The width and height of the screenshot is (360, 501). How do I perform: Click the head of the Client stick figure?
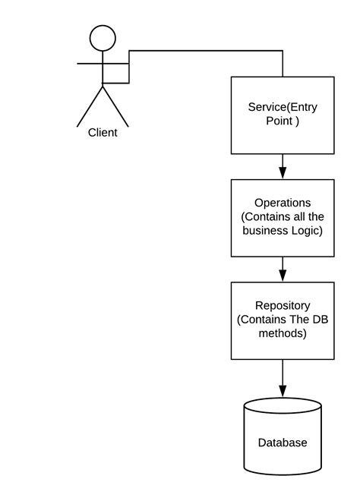pos(103,38)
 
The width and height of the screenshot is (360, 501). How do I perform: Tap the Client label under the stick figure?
pos(103,133)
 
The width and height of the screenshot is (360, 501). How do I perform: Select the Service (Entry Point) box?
pos(283,115)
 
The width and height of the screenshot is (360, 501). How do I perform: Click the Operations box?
pos(283,217)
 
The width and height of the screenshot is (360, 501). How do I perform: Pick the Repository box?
pos(283,320)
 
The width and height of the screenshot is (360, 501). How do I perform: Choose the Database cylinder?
pos(283,437)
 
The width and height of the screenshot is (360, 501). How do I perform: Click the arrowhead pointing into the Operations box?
pos(283,173)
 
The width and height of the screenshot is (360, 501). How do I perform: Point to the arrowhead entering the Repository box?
pos(283,276)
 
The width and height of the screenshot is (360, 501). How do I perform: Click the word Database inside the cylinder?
pos(283,443)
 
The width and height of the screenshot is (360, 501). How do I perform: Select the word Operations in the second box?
pos(283,203)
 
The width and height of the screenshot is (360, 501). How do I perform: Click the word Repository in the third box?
pos(283,306)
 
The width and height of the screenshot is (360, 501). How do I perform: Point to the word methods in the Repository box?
pos(283,333)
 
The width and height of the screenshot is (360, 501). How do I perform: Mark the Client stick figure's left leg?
pos(90,106)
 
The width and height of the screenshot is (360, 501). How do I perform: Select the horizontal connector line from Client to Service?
pos(205,51)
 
